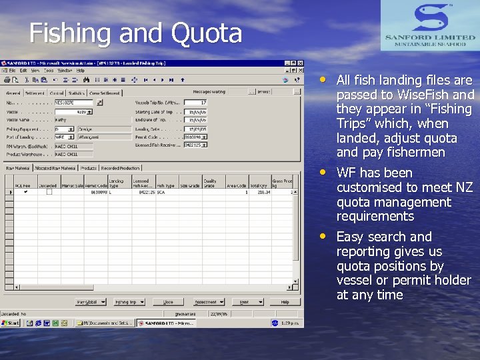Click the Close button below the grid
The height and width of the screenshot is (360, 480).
(168, 302)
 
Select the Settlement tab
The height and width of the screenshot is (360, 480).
(35, 93)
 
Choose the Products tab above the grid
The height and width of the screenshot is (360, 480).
(89, 168)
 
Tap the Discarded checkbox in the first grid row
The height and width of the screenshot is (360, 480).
(49, 192)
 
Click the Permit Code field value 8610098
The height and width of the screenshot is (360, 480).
(194, 136)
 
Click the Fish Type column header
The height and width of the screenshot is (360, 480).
(165, 185)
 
